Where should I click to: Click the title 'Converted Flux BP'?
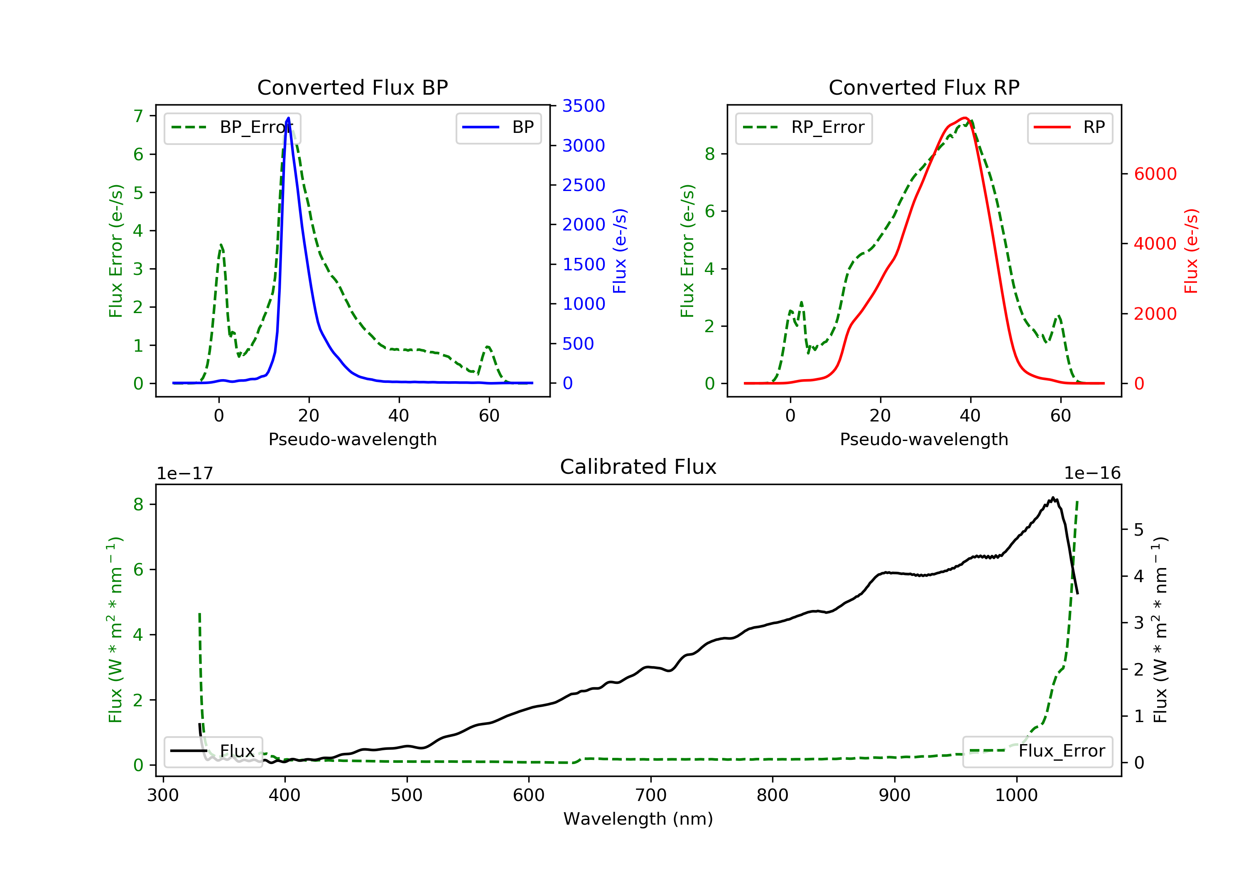(352, 87)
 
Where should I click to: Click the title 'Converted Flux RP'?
(924, 87)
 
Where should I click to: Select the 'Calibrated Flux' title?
(638, 467)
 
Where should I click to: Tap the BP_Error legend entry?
(232, 127)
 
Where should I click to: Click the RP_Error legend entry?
(804, 127)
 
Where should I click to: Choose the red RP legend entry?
(1069, 127)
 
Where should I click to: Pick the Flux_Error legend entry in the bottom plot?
(1038, 751)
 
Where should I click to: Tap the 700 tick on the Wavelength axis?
(651, 796)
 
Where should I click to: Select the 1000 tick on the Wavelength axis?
(1016, 796)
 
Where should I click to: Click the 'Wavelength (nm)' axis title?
(638, 819)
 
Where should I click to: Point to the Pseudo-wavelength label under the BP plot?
(353, 439)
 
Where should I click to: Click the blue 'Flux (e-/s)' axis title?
(620, 251)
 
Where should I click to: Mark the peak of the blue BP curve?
(288, 118)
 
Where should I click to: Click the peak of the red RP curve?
(964, 118)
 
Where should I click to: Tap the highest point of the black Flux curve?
(1053, 497)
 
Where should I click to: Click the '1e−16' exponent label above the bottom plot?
(1092, 473)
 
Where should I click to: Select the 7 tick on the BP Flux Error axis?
(138, 116)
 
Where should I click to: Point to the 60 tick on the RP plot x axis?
(1060, 416)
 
